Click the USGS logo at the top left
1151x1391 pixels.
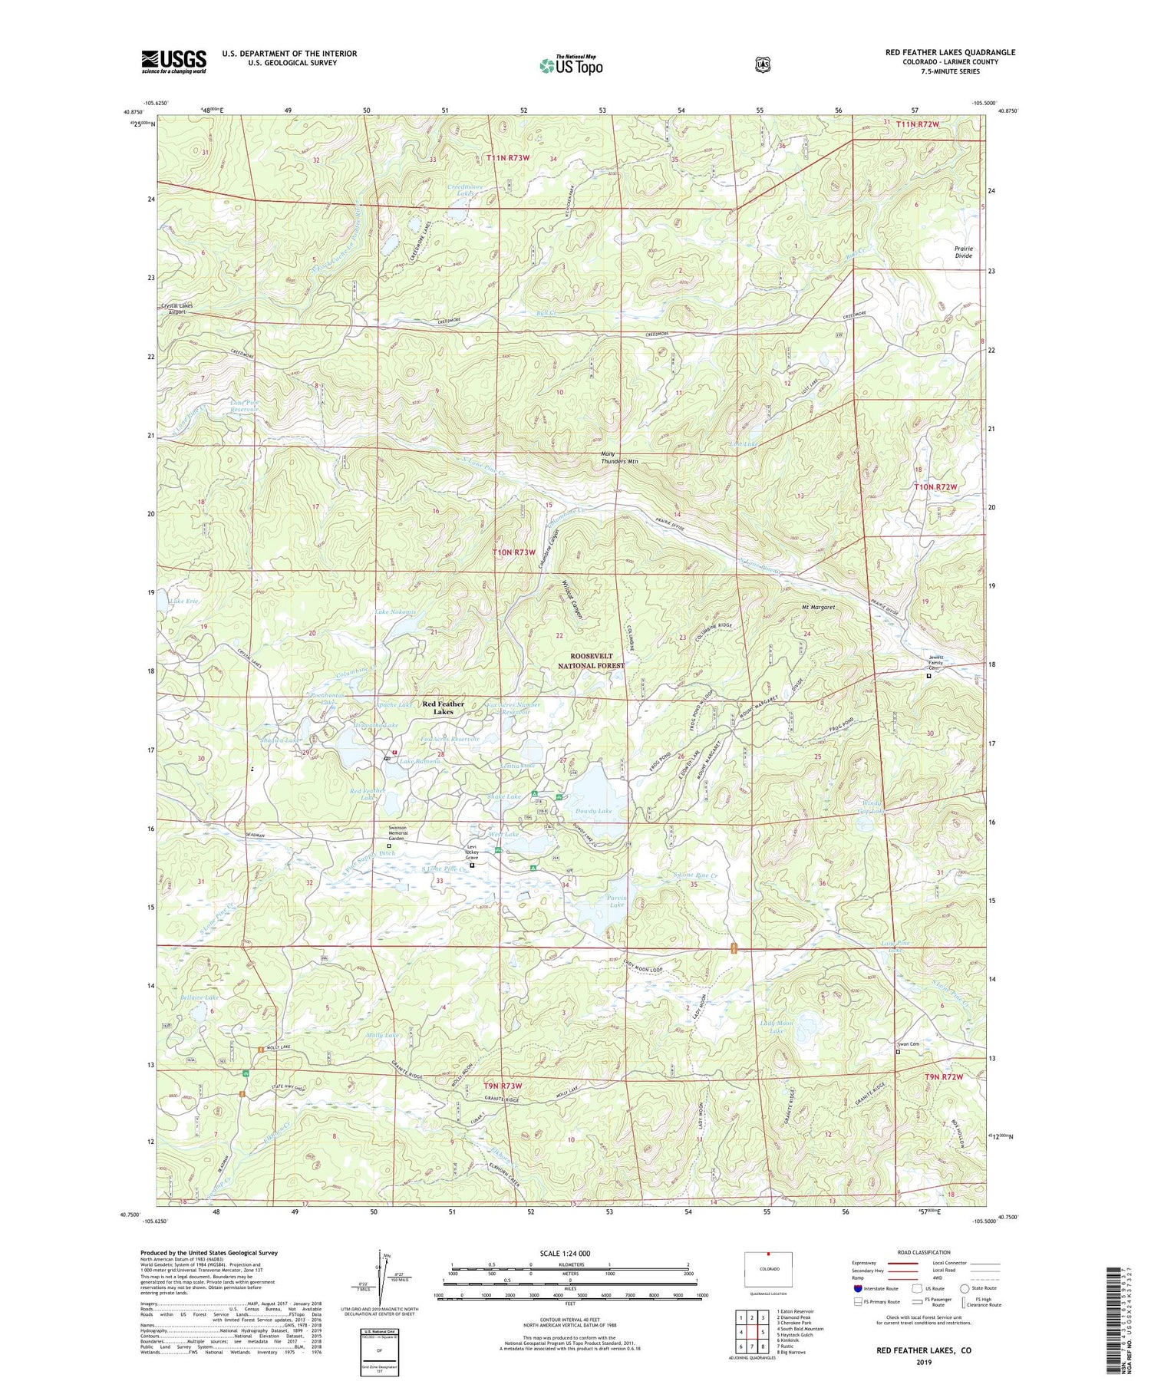[173, 61]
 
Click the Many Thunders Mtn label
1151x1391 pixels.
[619, 458]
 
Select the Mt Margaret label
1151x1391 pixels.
[818, 607]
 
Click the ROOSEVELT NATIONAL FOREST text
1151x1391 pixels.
[591, 661]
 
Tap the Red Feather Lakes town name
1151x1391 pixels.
[444, 707]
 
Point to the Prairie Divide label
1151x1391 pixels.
[963, 252]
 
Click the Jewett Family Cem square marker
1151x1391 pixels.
[928, 676]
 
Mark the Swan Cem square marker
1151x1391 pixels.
[899, 1052]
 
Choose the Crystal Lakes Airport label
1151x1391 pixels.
[177, 308]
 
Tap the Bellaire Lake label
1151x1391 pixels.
[200, 997]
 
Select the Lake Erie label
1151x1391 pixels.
[185, 601]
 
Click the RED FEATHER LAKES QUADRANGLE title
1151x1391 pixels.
[950, 52]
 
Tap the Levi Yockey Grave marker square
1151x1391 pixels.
[472, 865]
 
